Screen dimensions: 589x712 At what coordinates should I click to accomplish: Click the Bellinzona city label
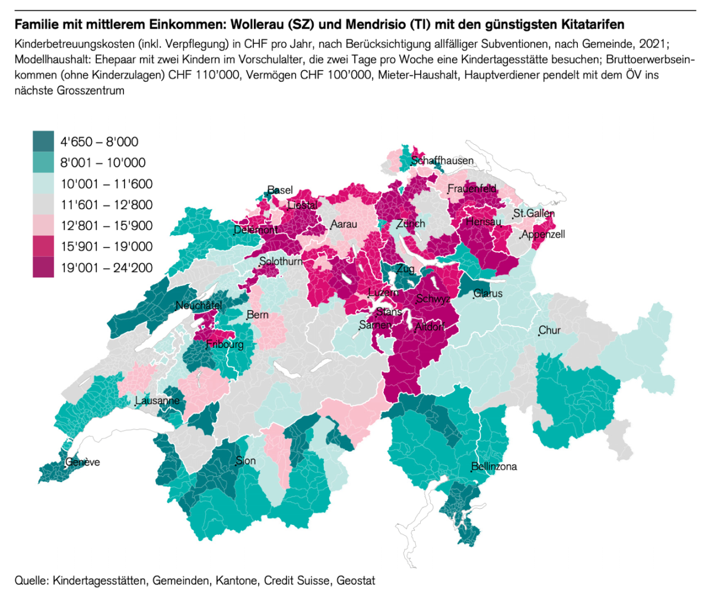(494, 467)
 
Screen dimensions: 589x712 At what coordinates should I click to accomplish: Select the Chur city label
(549, 331)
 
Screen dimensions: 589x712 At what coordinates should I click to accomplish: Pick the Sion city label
(246, 460)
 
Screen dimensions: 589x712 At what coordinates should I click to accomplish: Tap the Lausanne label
(157, 401)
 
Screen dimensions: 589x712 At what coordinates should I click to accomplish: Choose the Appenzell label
(543, 235)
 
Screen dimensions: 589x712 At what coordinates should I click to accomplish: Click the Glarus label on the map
(488, 294)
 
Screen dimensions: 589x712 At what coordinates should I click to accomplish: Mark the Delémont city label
(256, 230)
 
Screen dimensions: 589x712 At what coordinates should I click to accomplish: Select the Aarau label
(344, 225)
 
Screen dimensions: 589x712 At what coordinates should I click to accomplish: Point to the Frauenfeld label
(472, 189)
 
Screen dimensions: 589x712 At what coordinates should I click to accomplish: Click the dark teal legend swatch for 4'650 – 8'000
(43, 141)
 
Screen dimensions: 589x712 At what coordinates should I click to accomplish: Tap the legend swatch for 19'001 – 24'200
(43, 268)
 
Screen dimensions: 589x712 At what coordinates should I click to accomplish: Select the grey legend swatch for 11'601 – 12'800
(43, 205)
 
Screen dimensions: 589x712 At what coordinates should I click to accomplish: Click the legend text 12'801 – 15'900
(107, 226)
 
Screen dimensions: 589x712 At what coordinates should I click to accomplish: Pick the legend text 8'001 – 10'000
(103, 163)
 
